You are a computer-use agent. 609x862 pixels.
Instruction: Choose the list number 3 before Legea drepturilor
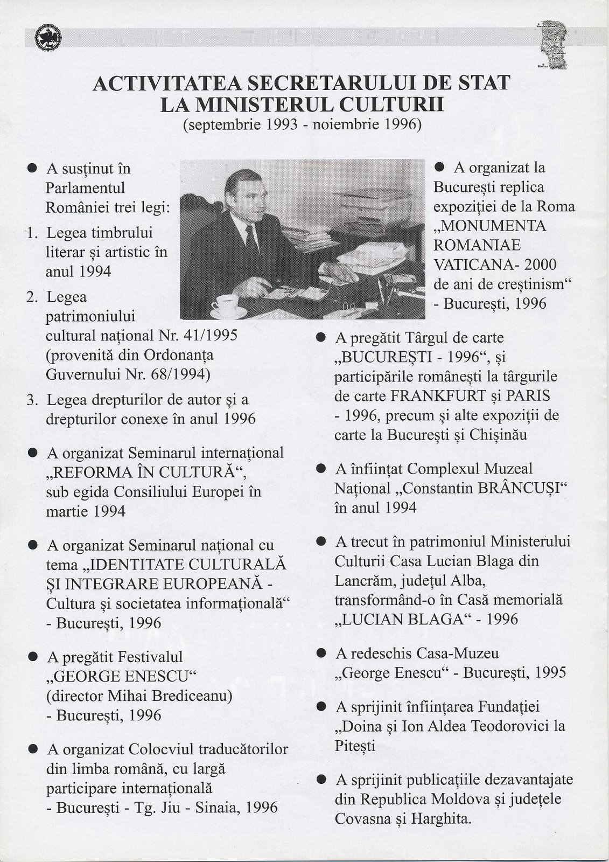[32, 400]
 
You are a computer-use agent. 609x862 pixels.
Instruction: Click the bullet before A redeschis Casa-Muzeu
[321, 654]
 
